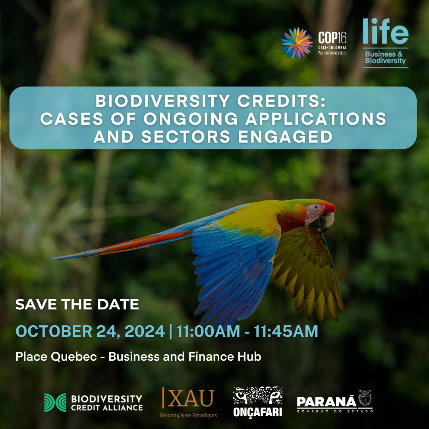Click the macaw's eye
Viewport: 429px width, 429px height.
(316, 207)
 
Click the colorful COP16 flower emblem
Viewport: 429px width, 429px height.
(297, 43)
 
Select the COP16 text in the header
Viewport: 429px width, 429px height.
(332, 38)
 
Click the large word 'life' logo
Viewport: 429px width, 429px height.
(385, 31)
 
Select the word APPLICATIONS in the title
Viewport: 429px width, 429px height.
(316, 119)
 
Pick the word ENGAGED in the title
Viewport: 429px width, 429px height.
(285, 137)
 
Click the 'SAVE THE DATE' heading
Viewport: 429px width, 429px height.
(77, 304)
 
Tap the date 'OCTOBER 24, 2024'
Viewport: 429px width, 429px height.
(90, 331)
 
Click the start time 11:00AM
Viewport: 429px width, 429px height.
(208, 331)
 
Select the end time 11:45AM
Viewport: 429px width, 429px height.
(286, 331)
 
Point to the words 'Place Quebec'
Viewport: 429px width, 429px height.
(56, 356)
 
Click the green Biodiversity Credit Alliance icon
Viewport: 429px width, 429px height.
(55, 402)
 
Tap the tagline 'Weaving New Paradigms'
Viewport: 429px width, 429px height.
(188, 415)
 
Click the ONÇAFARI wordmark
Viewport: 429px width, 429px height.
(257, 412)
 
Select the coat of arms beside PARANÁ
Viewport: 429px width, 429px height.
(365, 398)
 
